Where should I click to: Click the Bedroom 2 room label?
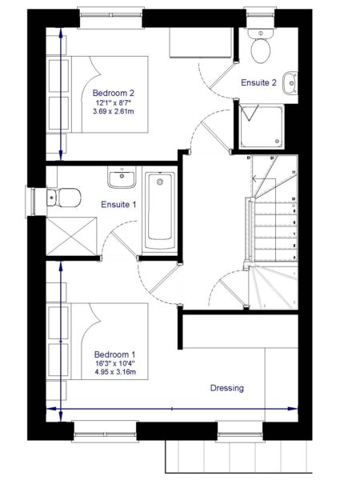point(114,92)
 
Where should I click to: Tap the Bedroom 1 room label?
point(114,354)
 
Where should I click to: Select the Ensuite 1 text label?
point(118,205)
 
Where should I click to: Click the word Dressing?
point(227,388)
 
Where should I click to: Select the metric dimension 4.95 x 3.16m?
point(114,373)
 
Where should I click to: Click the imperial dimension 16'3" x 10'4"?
point(114,363)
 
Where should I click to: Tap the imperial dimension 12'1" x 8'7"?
point(114,102)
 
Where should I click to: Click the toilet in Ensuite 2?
point(259,48)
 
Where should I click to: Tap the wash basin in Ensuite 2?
point(293,82)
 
